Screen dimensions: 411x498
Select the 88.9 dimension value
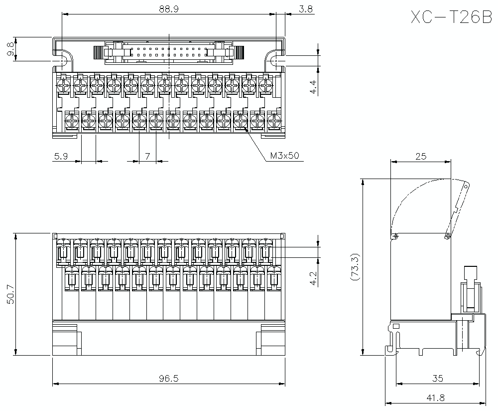[x=169, y=8]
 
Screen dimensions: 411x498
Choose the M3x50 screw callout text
[x=284, y=156]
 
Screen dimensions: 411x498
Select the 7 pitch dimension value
[x=147, y=156]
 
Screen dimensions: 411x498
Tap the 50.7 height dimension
[x=10, y=294]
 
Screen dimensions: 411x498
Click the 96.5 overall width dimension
[x=169, y=379]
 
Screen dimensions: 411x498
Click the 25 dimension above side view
[x=421, y=157]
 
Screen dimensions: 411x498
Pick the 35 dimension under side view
[x=437, y=379]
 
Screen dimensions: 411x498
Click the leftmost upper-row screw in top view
[x=63, y=86]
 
